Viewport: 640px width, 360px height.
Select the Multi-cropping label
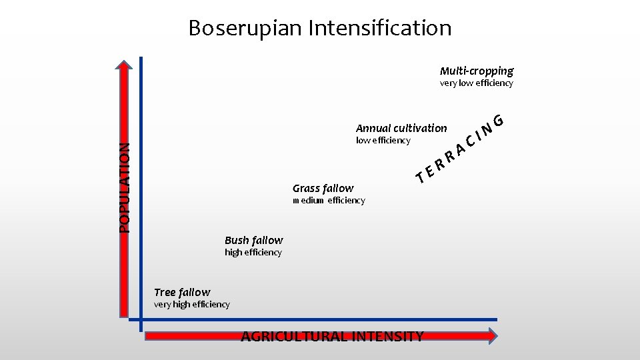[477, 71]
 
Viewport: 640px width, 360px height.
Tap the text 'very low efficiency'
[477, 83]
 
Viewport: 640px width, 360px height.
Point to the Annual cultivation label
[401, 128]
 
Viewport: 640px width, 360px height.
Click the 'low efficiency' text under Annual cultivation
[383, 141]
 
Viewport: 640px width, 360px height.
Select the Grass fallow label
[323, 189]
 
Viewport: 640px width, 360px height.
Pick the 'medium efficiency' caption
[329, 201]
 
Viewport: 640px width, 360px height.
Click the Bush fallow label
[254, 240]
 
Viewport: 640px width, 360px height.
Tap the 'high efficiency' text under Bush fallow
[253, 253]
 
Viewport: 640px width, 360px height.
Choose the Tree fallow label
[182, 292]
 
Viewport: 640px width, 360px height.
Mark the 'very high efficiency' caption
[192, 305]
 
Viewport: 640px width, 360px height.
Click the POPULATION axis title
[125, 188]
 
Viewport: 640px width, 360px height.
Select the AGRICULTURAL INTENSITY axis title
[332, 336]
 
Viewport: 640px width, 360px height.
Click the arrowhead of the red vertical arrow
[123, 65]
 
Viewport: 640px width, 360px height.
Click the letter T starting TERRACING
[421, 178]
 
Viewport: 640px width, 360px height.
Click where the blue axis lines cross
[141, 320]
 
